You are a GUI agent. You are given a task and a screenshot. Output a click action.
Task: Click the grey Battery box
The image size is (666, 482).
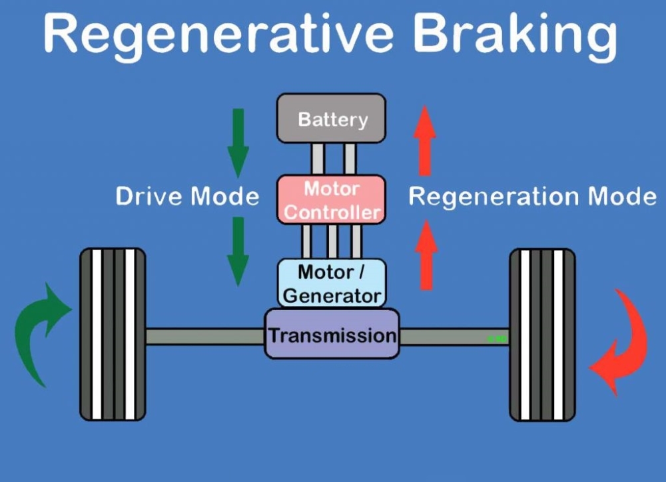coord(331,118)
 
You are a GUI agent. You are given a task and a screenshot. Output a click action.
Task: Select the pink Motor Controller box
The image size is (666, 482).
coord(331,199)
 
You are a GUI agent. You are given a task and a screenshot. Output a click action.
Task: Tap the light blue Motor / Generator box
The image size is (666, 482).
coord(332,283)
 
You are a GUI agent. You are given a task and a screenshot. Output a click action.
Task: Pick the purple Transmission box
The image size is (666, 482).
coord(332,333)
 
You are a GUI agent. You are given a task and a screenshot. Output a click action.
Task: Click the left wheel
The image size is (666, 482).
coord(113,335)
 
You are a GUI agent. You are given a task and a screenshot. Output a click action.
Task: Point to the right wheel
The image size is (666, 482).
coord(542,335)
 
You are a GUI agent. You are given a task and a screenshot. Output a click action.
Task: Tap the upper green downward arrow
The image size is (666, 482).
coord(238,143)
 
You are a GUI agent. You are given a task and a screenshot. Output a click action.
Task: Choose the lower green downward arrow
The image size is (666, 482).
coord(238,251)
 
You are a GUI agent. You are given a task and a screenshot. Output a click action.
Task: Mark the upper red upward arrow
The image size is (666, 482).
coord(425,141)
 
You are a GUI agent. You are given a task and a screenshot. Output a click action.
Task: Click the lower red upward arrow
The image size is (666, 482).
coord(426,255)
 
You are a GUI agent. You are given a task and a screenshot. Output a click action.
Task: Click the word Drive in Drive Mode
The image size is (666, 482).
coord(150,197)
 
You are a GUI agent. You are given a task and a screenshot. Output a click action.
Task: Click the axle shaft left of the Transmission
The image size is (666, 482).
coord(205,336)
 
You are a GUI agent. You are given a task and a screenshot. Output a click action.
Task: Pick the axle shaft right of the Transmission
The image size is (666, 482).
coord(454,337)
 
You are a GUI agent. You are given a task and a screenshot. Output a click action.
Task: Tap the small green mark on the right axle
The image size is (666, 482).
coord(497,339)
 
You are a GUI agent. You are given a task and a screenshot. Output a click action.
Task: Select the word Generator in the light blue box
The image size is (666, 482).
coord(332,296)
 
